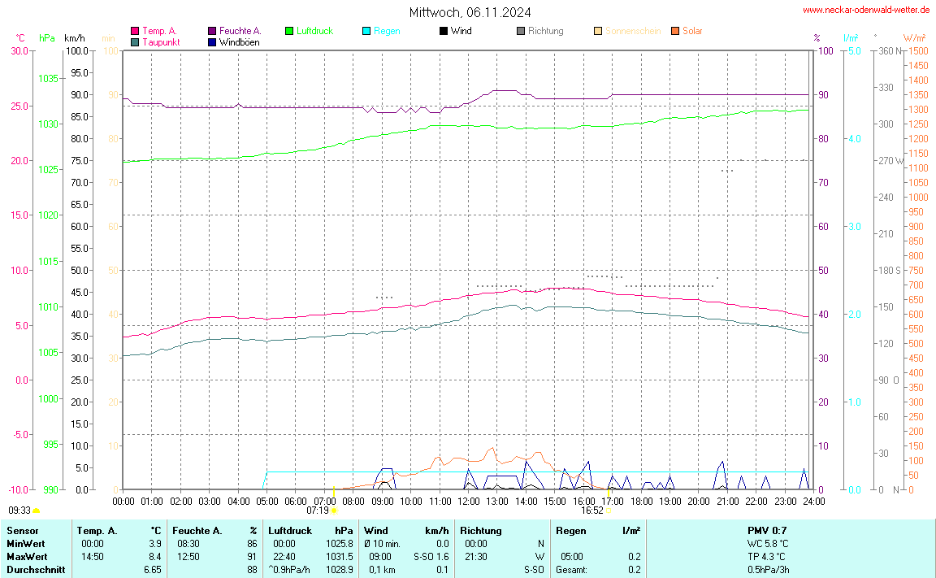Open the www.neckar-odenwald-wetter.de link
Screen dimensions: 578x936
(865, 10)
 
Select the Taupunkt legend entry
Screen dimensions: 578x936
(161, 41)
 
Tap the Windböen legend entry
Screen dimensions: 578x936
(239, 41)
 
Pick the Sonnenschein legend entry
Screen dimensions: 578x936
(632, 31)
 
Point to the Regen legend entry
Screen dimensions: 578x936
(387, 31)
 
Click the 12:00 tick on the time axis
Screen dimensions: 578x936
(469, 502)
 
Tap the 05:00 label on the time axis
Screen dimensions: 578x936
(267, 502)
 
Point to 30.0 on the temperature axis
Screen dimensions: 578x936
(19, 51)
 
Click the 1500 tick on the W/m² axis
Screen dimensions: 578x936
(918, 51)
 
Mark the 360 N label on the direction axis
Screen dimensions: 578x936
(891, 51)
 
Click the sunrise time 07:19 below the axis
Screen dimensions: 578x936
(318, 511)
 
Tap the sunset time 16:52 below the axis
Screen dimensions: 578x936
(591, 511)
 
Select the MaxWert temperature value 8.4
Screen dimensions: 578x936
(154, 557)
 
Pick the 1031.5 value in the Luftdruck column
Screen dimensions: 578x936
(339, 557)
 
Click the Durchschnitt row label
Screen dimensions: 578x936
(36, 570)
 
